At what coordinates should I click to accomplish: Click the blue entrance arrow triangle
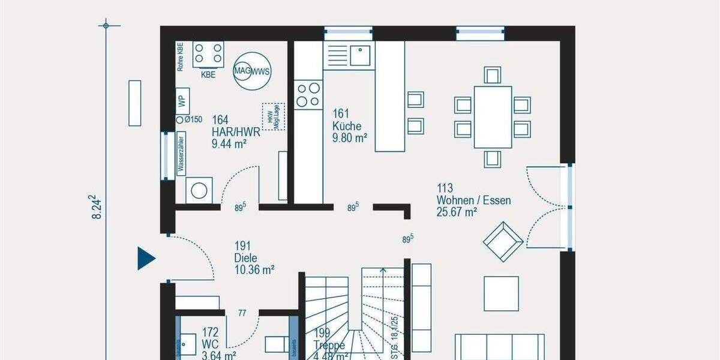point(146,258)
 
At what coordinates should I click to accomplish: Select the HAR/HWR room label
point(236,133)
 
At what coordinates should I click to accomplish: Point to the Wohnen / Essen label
point(473,200)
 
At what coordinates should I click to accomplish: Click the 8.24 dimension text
point(96,208)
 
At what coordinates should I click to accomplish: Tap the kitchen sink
point(360,55)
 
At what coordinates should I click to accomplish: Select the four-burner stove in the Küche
point(308,94)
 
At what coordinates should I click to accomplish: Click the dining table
point(493,117)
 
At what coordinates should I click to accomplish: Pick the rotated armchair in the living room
point(503,241)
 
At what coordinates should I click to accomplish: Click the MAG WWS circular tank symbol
point(252,71)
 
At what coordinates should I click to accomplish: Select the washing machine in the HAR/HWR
point(198,190)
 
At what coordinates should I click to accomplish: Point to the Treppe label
point(329,346)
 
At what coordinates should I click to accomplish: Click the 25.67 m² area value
point(457,212)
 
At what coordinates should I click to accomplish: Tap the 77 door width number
point(242,313)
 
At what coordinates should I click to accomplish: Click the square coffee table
point(501,293)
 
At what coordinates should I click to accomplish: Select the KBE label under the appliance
point(208,75)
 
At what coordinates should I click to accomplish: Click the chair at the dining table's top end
point(493,75)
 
